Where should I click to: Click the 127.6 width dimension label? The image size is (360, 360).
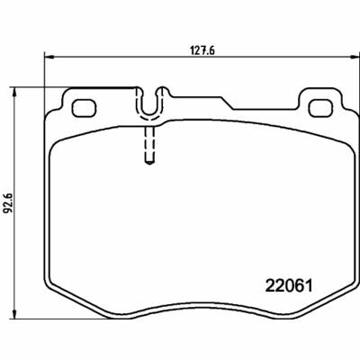[x=202, y=50]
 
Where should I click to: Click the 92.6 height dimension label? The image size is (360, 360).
[x=8, y=203]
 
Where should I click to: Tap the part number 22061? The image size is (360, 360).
[x=289, y=285]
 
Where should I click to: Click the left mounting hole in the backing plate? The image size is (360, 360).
[x=84, y=108]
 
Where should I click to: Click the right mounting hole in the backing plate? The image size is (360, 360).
[x=321, y=108]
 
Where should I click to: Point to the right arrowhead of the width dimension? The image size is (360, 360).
[x=355, y=57]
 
